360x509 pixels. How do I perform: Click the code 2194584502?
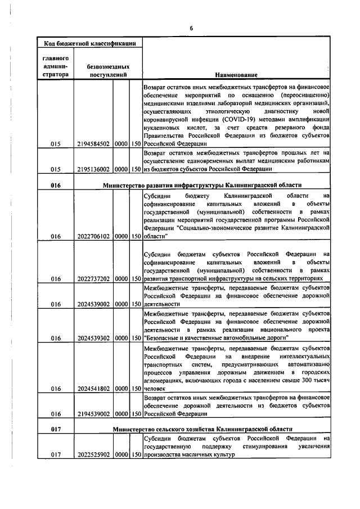pyautogui.click(x=93, y=144)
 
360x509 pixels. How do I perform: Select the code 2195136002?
pyautogui.click(x=93, y=169)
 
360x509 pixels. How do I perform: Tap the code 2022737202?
pyautogui.click(x=93, y=278)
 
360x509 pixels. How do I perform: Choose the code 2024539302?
pyautogui.click(x=93, y=337)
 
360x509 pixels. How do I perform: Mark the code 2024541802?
pyautogui.click(x=93, y=388)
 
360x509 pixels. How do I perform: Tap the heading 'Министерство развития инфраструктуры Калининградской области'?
pyautogui.click(x=202, y=185)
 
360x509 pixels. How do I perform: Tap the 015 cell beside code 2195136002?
pyautogui.click(x=55, y=169)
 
